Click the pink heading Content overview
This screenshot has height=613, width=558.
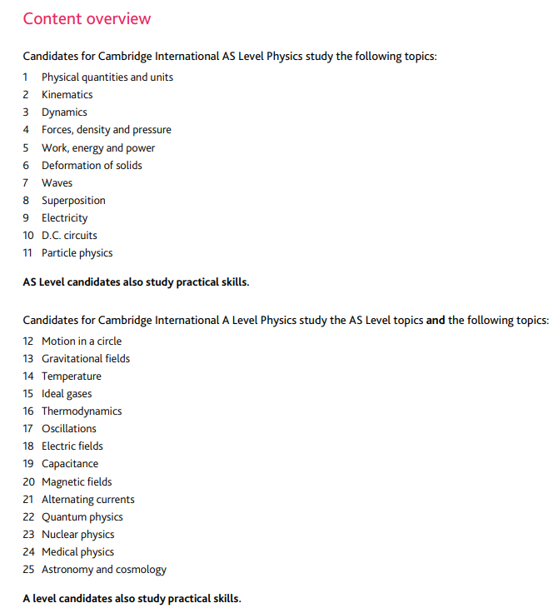point(87,18)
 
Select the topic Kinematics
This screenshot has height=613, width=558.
point(67,95)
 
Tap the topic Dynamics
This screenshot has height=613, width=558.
point(64,112)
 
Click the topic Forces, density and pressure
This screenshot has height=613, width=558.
point(107,130)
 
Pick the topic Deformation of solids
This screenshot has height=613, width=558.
point(92,166)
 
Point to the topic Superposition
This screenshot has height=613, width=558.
point(73,201)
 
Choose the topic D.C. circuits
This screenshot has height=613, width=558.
point(69,236)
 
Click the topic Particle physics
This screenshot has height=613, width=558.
point(77,253)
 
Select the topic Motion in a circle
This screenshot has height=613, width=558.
point(82,341)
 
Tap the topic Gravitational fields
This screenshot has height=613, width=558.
point(86,359)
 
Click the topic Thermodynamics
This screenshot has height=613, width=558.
point(82,411)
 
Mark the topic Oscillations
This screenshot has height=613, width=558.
point(69,429)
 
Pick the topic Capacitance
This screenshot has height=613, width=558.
point(70,464)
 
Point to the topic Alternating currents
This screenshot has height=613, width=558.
point(88,500)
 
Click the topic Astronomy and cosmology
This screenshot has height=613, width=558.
point(104,570)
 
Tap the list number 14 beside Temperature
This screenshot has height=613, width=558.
point(28,376)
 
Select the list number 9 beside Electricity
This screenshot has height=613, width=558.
point(26,218)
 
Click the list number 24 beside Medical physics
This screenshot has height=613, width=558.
point(28,552)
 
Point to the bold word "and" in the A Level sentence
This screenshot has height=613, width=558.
point(436,320)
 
